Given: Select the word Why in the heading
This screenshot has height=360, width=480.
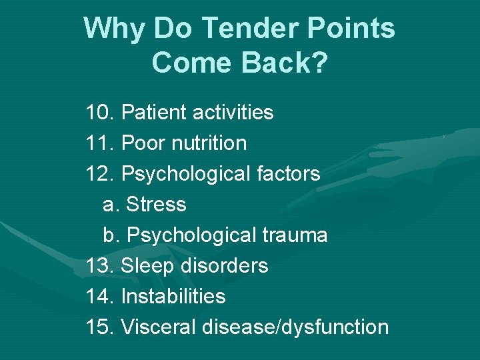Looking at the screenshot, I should (x=115, y=29).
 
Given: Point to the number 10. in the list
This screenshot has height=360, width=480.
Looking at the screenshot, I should (x=100, y=113).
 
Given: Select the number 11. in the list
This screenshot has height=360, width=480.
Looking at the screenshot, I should (x=100, y=143).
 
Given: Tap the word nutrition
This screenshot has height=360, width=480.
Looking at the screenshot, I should (x=208, y=143).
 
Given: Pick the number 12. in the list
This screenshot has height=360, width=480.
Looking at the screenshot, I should (x=100, y=174).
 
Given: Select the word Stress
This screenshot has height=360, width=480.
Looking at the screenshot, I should (x=156, y=205).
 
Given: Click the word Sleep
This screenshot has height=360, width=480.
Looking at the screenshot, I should (x=145, y=266).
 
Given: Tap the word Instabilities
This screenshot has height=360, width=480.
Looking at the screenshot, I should (x=173, y=297).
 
